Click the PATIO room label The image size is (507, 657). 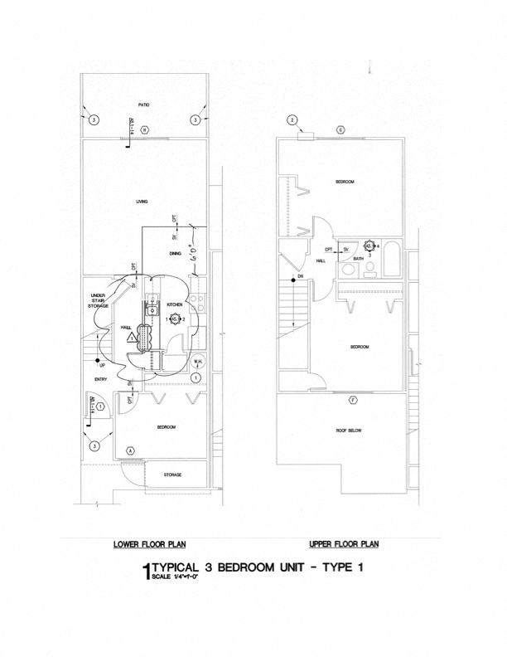click(x=143, y=106)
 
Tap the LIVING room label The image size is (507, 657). click(x=142, y=202)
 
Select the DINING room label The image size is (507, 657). click(x=175, y=253)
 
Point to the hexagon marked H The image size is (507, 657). click(x=143, y=130)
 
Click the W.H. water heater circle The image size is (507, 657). click(x=199, y=363)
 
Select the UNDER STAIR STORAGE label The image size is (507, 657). click(x=98, y=301)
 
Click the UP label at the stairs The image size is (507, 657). click(x=102, y=365)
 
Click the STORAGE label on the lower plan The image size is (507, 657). click(x=172, y=474)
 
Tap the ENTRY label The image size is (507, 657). click(x=100, y=379)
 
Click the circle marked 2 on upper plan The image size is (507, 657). click(x=292, y=119)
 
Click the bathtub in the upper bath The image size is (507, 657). click(x=392, y=259)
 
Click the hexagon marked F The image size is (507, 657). click(x=353, y=401)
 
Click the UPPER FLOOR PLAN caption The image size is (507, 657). click(x=344, y=544)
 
